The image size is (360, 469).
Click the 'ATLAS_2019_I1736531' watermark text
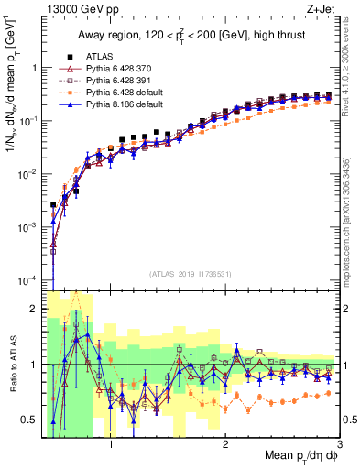tap(190, 273)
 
